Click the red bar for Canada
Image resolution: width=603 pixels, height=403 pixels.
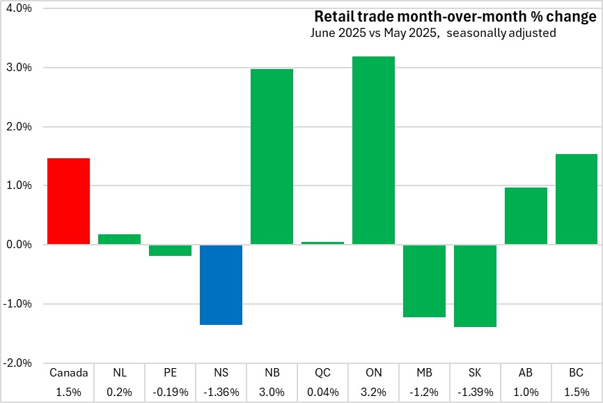[68, 201]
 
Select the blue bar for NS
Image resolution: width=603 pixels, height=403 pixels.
[221, 284]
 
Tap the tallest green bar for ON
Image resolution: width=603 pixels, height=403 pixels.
[373, 151]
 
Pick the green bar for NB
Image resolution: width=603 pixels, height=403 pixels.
[272, 157]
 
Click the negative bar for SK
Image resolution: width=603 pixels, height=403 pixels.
[475, 286]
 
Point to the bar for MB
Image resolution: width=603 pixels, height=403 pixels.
[424, 281]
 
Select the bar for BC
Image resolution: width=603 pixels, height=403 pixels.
[577, 199]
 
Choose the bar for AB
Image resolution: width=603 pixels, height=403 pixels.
[526, 216]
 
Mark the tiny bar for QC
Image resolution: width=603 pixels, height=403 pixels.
[322, 243]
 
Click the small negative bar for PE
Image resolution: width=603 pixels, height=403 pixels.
[170, 250]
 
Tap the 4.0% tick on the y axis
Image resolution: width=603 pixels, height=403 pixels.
[18, 8]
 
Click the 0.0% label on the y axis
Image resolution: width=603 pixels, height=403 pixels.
[19, 245]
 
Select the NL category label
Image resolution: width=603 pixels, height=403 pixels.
[119, 373]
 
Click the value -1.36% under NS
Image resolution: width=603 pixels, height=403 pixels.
[221, 392]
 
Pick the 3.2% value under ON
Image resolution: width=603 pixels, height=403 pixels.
[373, 392]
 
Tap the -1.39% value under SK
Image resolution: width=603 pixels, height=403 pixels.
[475, 392]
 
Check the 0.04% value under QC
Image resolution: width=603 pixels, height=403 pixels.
[322, 392]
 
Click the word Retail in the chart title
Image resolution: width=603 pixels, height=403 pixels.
[332, 16]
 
